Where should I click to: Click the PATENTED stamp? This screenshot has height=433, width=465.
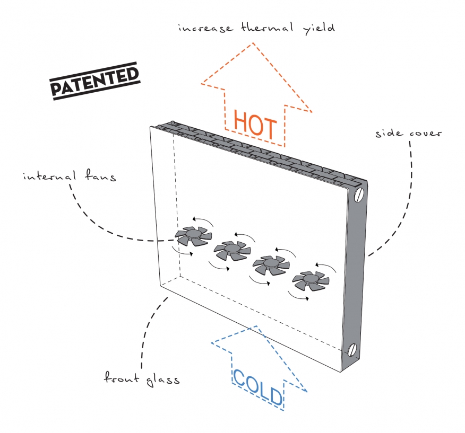pyautogui.click(x=95, y=81)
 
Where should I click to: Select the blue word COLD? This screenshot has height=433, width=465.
pyautogui.click(x=257, y=387)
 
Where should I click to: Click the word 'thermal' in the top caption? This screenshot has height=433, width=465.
pyautogui.click(x=267, y=28)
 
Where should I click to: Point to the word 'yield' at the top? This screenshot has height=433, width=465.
pyautogui.click(x=319, y=29)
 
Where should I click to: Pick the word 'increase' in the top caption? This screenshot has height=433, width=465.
pyautogui.click(x=205, y=28)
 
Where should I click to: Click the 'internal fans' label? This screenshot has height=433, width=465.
pyautogui.click(x=70, y=175)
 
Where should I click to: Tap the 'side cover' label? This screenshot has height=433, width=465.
pyautogui.click(x=408, y=133)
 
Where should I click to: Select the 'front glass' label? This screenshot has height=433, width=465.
pyautogui.click(x=142, y=378)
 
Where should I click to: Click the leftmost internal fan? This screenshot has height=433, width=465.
pyautogui.click(x=193, y=236)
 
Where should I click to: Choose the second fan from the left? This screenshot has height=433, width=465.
pyautogui.click(x=232, y=251)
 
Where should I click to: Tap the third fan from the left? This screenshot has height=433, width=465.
pyautogui.click(x=271, y=265)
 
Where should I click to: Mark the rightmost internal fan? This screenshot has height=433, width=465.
pyautogui.click(x=311, y=280)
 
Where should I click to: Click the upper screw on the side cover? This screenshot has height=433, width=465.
pyautogui.click(x=359, y=195)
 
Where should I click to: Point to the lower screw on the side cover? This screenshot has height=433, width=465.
pyautogui.click(x=352, y=350)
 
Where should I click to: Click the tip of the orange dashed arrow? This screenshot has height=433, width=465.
pyautogui.click(x=253, y=42)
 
